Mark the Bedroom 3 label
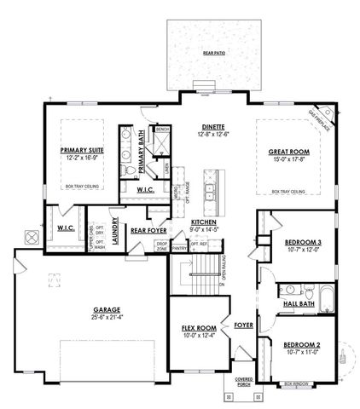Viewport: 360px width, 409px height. (x=302, y=242)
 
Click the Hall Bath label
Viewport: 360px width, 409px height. (x=299, y=303)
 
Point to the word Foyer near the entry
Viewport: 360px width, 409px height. (x=244, y=324)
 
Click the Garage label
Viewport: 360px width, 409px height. (x=106, y=309)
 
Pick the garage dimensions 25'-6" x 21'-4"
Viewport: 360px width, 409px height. (x=106, y=317)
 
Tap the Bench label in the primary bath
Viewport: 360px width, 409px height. (x=161, y=131)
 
